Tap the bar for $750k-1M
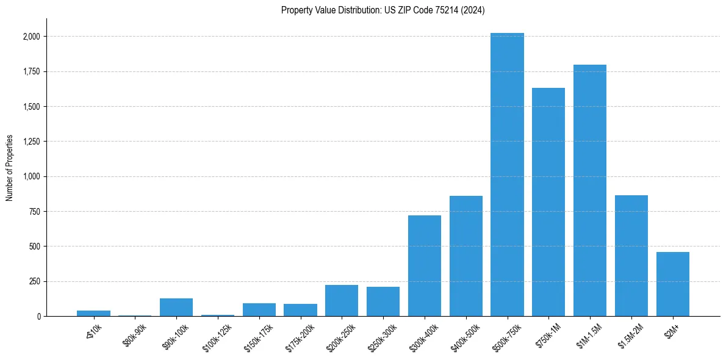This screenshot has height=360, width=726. tap(548, 202)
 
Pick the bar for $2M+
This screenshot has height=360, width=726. tap(672, 284)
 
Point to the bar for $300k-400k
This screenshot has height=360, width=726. tap(424, 266)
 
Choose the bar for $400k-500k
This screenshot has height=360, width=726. tap(465, 256)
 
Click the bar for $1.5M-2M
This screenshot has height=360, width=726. tap(631, 256)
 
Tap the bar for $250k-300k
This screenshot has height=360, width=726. tap(383, 301)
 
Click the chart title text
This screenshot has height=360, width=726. tap(383, 10)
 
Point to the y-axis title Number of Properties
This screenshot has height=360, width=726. tap(10, 168)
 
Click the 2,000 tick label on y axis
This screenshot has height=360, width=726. tap(31, 37)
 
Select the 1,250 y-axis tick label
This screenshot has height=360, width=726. tap(31, 142)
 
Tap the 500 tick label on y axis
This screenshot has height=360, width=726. tap(34, 247)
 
